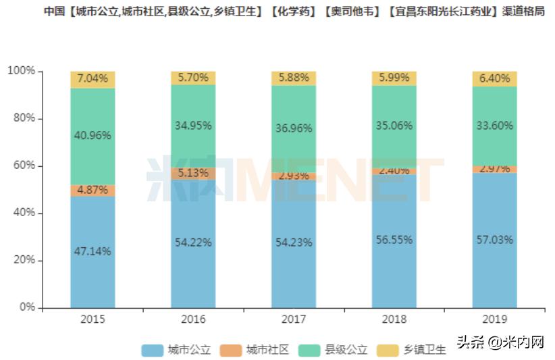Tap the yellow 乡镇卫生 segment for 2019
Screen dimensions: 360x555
click(494, 78)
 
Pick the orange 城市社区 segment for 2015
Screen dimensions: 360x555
click(92, 190)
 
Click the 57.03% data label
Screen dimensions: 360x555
click(494, 239)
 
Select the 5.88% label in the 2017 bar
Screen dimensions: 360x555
click(294, 78)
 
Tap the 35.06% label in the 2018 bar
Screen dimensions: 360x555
click(394, 125)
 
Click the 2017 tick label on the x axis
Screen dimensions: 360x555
click(294, 319)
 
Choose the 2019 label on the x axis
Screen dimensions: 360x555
click(494, 319)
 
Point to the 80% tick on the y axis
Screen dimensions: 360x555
click(26, 119)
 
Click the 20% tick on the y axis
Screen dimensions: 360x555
click(26, 261)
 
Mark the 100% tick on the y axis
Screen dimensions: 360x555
click(23, 72)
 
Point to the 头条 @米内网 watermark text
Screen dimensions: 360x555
click(500, 342)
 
